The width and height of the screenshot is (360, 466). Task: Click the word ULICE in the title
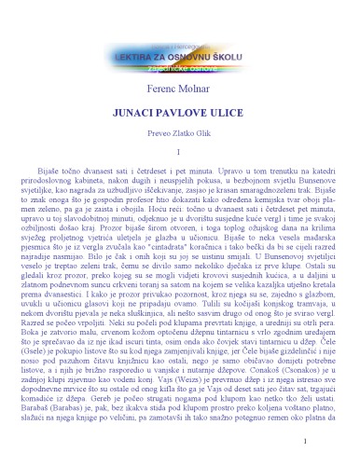pos(224,110)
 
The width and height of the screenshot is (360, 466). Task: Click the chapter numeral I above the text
pos(179,152)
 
